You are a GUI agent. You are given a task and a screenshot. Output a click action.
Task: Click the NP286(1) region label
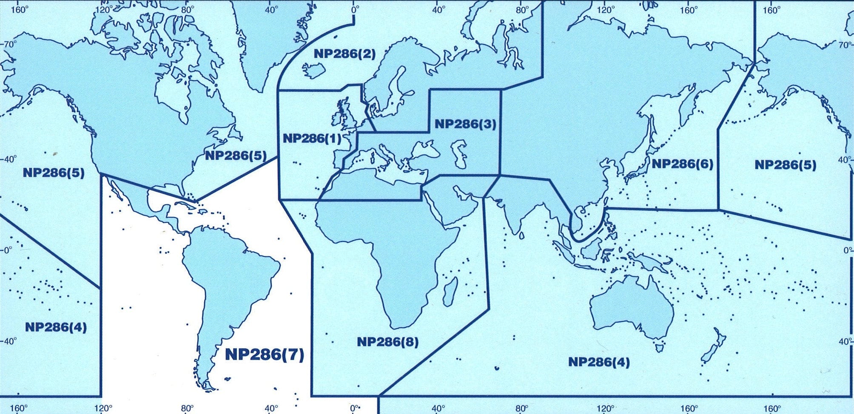[x=312, y=139]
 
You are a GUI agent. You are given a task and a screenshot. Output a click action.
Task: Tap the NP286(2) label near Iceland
[x=344, y=54]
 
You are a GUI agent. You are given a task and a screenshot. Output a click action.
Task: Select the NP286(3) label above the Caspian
[x=465, y=124]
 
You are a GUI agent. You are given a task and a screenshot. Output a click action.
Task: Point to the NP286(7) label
[x=264, y=354]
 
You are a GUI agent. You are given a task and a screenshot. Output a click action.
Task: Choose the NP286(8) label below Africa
[x=387, y=342]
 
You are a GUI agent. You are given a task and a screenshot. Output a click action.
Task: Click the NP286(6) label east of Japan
[x=682, y=164]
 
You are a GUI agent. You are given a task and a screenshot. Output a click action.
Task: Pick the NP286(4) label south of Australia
[x=599, y=362]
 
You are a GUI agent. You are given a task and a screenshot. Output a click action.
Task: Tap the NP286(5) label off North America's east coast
[x=236, y=156]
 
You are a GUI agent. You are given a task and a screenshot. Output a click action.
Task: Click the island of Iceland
[x=314, y=71]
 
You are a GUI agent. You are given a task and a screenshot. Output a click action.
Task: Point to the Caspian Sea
[x=460, y=155]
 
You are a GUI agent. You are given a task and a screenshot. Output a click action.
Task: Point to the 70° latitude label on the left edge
[x=9, y=44]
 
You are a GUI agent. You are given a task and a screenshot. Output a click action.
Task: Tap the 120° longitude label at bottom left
[x=103, y=408]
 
